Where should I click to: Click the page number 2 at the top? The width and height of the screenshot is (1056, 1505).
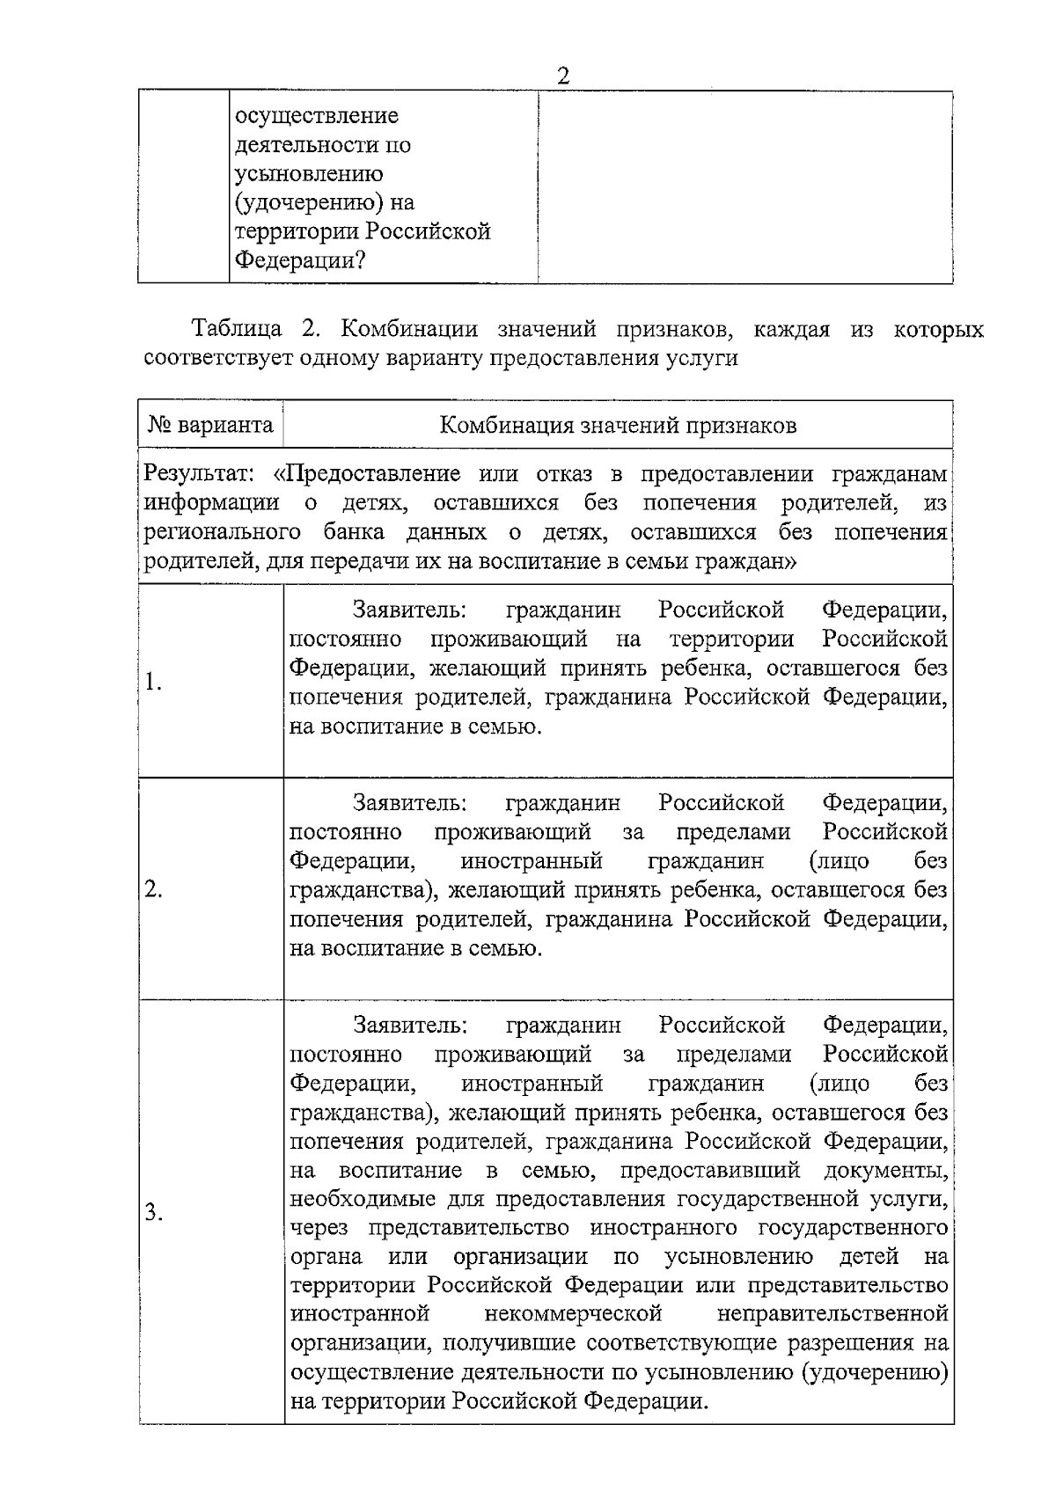[563, 77]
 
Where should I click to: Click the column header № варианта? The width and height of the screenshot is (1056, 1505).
[209, 426]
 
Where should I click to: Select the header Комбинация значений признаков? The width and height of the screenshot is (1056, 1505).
[618, 426]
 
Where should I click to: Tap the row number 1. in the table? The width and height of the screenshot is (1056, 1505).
[153, 682]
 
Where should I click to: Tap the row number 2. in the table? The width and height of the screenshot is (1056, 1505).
[153, 889]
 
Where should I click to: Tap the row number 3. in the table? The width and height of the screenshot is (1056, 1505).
[154, 1213]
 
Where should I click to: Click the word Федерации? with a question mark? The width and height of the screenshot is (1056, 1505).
[300, 261]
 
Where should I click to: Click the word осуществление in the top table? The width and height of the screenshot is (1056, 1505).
[316, 115]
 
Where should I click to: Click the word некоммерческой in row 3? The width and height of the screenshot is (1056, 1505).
[573, 1314]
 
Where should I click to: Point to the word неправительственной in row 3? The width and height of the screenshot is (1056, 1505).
[832, 1314]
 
